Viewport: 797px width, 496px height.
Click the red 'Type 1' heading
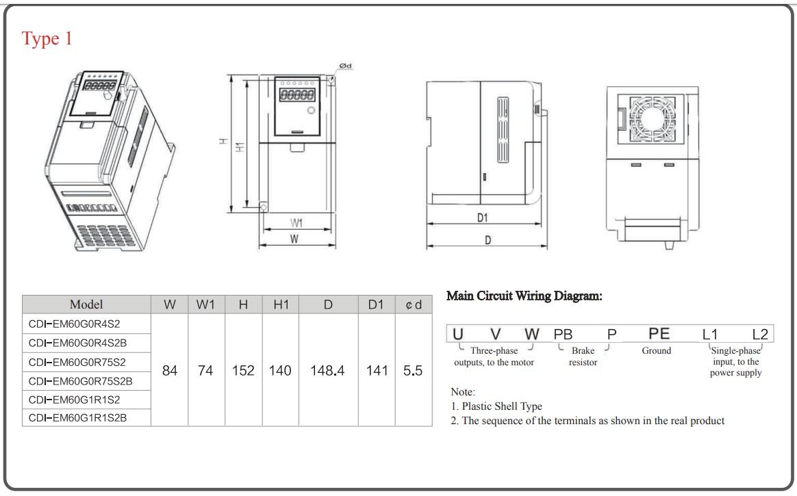47,39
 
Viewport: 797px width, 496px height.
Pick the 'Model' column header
86,304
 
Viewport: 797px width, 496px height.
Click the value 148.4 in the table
328,371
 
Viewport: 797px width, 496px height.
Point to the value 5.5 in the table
413,371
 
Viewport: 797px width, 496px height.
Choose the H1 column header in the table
281,304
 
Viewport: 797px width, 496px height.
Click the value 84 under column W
170,371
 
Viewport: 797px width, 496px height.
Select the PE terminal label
659,334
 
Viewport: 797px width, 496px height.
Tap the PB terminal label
563,335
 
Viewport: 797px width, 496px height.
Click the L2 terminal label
760,335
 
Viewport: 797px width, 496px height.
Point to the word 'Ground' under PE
657,350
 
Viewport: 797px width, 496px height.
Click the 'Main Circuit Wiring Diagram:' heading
524,296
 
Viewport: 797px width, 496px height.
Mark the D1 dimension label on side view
482,218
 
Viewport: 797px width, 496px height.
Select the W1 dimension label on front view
296,223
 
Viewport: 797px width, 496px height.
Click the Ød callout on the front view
346,66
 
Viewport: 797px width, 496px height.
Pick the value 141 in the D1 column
377,371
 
